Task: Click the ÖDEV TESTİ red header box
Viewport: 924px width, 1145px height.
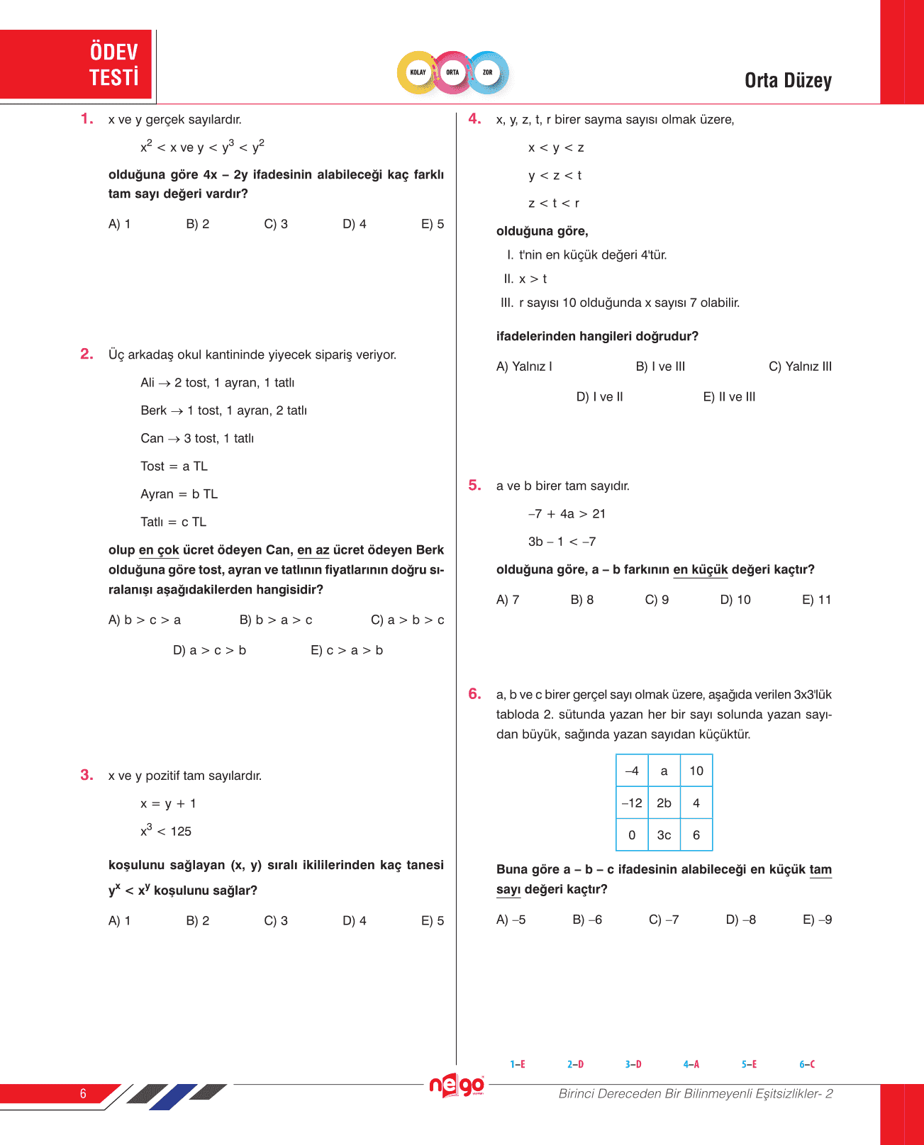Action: pos(77,65)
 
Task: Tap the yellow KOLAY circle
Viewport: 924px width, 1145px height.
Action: pos(418,72)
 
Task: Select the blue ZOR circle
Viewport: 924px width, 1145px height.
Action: pos(488,72)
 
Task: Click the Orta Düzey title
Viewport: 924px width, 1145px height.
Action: pos(788,81)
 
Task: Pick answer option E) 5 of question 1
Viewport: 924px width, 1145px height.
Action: pos(433,224)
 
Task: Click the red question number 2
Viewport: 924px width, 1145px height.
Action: pos(87,354)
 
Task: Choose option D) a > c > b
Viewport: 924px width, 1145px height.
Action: pos(209,650)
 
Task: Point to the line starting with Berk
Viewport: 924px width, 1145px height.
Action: pos(223,410)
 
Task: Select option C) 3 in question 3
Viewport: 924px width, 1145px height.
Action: pos(276,921)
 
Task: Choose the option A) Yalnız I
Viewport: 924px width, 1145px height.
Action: pos(524,367)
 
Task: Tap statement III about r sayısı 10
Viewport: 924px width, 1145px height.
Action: pos(620,303)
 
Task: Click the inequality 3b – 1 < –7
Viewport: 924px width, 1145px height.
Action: pos(562,542)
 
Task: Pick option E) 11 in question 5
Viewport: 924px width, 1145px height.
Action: pos(816,600)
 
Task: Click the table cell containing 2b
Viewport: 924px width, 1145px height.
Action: pos(664,803)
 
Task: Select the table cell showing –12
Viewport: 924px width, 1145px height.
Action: pos(632,803)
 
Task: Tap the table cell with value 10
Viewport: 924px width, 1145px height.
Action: pos(696,771)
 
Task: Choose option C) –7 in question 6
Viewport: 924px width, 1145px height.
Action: pos(664,920)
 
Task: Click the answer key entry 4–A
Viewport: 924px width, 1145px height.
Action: pos(691,1064)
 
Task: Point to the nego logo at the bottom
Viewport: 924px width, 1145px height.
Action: pos(457,1085)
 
